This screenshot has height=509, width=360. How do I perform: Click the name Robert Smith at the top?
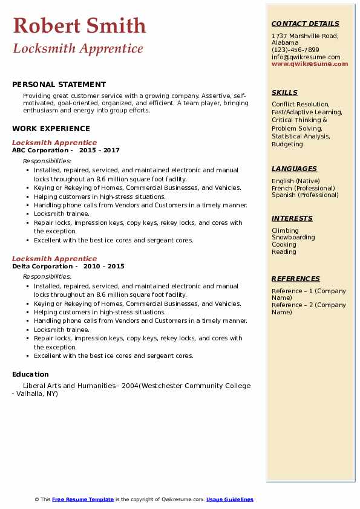[79, 26]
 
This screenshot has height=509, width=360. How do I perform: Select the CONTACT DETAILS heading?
[305, 24]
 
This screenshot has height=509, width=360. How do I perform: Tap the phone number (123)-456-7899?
[295, 50]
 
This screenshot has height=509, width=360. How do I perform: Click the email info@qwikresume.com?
[306, 57]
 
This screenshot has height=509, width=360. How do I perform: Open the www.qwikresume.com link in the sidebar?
[310, 63]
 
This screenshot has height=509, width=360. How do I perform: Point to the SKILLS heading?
[284, 92]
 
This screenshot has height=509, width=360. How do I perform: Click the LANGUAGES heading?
[294, 169]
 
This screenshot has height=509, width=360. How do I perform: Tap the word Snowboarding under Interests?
[293, 238]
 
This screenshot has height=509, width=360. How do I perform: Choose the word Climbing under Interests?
[285, 230]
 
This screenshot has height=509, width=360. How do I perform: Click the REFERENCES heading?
[296, 279]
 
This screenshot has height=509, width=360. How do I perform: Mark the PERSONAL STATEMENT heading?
[59, 85]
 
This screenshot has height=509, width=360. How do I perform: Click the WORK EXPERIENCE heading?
[51, 128]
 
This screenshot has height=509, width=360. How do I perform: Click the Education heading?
[30, 374]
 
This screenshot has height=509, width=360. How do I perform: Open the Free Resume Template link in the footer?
[83, 499]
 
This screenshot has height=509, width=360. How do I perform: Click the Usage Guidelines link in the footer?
[229, 499]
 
